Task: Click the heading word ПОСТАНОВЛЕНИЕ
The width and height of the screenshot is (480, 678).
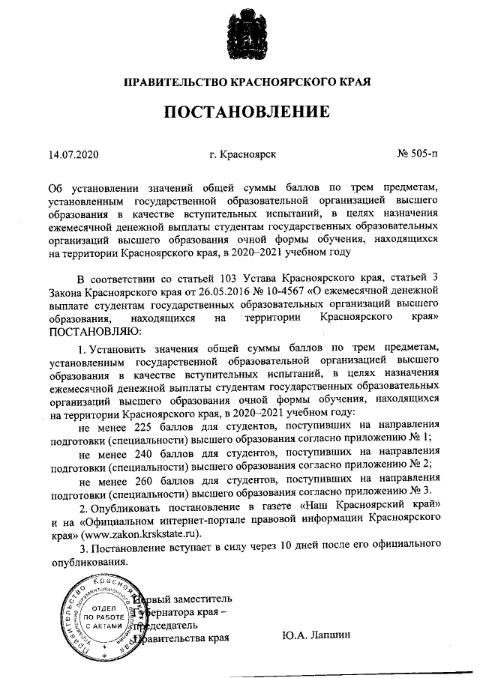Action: tap(247, 112)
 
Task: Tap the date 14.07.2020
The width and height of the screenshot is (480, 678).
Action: tap(73, 154)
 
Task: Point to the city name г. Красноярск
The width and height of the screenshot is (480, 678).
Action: tap(244, 154)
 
